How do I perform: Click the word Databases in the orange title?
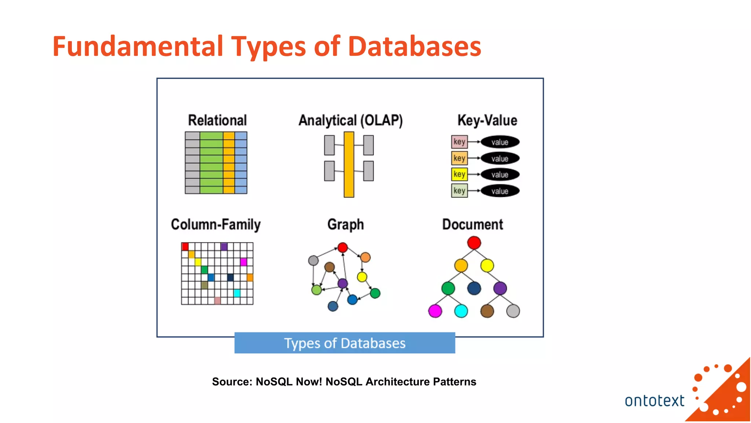point(414,47)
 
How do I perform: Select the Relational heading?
point(217,120)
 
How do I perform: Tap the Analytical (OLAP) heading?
point(351,120)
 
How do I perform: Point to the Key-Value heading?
point(487,120)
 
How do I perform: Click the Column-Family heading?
point(216,224)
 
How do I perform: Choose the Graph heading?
point(345,224)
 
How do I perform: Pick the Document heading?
point(472,224)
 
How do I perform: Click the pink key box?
point(459,142)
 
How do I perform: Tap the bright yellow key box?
point(459,174)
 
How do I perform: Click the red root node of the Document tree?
point(474,243)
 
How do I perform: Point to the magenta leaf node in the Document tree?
point(435,311)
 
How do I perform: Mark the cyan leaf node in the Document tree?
point(461,311)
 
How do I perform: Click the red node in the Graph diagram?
point(342,247)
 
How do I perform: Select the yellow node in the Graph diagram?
point(362,277)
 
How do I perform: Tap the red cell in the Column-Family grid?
point(185,246)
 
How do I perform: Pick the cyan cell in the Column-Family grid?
point(237,293)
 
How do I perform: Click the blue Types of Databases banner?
point(345,343)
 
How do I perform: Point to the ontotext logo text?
point(654,401)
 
